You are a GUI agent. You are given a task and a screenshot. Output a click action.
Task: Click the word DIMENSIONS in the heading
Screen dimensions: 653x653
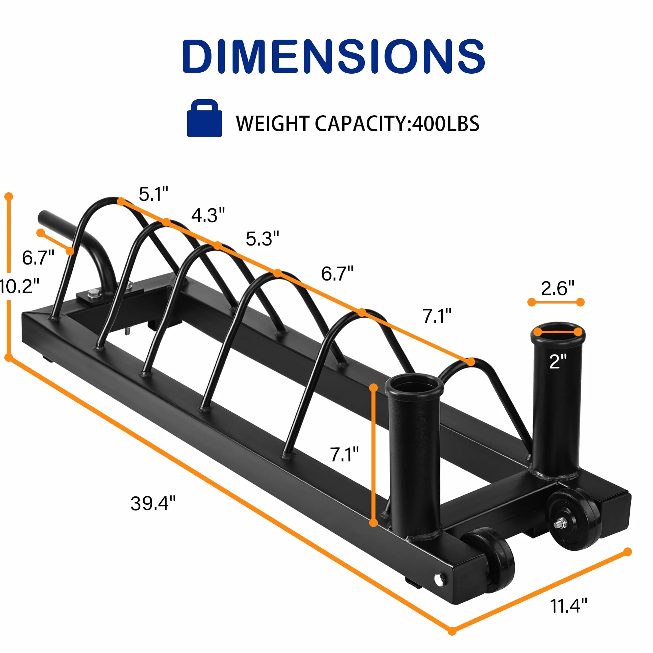click(333, 56)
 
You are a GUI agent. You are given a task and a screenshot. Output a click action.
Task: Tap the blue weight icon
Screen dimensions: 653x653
click(205, 118)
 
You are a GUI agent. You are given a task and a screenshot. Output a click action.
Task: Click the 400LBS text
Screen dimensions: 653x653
click(446, 123)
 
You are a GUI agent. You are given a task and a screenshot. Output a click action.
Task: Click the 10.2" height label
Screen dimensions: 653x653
click(19, 286)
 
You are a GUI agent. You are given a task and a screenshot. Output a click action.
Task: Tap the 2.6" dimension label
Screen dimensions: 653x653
click(557, 288)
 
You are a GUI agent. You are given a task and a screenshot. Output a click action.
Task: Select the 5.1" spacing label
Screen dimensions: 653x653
click(154, 194)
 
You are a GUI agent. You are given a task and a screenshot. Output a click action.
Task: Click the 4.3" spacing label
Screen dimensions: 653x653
click(208, 215)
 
